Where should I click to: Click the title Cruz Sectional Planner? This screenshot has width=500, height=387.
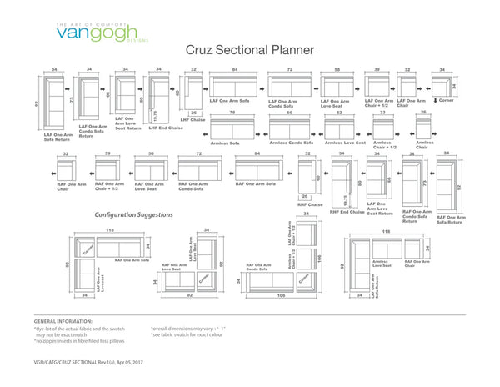[x=250, y=50]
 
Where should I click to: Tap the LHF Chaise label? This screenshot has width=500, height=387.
[x=192, y=120]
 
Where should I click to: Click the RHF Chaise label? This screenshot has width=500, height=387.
[x=310, y=204]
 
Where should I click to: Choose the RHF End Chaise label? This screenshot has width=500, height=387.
[x=347, y=212]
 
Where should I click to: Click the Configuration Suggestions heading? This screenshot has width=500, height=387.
[x=134, y=215]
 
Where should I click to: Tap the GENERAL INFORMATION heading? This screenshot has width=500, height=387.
[x=63, y=321]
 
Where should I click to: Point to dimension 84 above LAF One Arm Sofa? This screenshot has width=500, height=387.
[x=235, y=70]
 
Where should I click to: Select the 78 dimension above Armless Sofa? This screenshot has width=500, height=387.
[x=232, y=112]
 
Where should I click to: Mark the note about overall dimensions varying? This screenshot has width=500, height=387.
[x=187, y=329]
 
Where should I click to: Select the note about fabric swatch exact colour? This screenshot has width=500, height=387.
[x=186, y=335]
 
